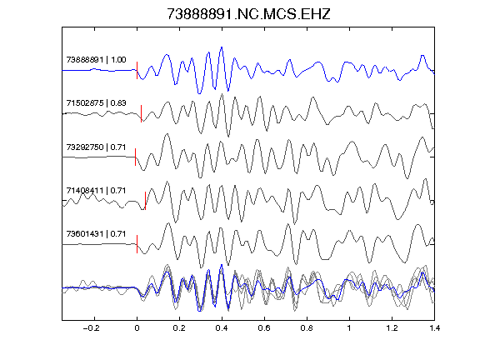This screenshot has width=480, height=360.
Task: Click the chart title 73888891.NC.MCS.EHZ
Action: (248, 14)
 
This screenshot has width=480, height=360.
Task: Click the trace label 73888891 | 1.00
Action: (96, 60)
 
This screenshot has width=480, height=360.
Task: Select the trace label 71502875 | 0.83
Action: (96, 103)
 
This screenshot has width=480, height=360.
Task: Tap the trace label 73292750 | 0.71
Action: (96, 147)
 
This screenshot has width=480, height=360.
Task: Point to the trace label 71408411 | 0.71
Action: (96, 191)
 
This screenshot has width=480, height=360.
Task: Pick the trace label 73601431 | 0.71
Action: (96, 234)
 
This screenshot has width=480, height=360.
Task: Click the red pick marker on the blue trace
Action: (137, 70)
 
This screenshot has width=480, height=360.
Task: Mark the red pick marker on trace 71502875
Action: (141, 114)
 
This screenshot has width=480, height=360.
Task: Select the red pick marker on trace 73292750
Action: (135, 157)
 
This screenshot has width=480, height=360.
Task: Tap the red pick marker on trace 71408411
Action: (145, 201)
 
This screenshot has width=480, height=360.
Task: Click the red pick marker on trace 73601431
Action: (137, 244)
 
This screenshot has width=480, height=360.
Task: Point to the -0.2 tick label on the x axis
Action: (91, 328)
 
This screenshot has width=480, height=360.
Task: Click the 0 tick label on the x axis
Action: (137, 328)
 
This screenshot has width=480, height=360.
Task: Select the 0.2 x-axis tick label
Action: (179, 328)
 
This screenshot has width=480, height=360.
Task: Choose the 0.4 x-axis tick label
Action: (222, 328)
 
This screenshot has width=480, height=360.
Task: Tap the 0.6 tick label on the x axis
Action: (264, 328)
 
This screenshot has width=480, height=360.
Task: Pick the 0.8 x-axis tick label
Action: (307, 328)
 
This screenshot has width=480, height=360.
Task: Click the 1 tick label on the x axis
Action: (349, 328)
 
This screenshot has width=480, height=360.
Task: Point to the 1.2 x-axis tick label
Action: (392, 328)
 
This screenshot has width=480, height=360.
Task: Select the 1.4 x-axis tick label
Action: (434, 328)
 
